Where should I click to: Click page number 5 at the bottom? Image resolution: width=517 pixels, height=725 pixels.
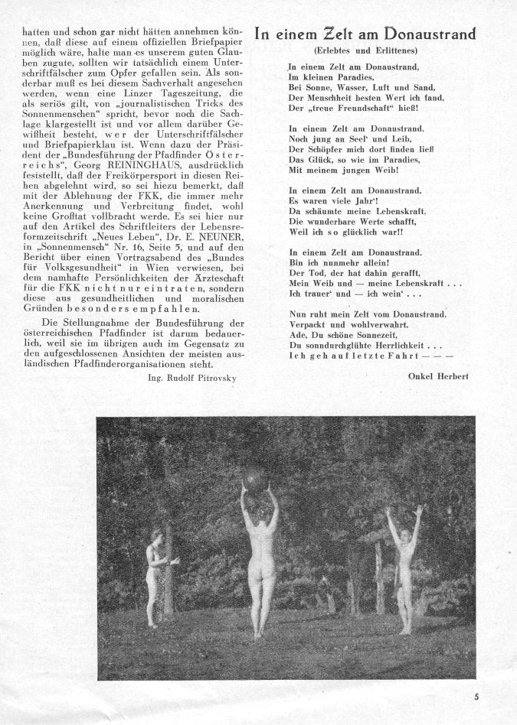(x=496, y=696)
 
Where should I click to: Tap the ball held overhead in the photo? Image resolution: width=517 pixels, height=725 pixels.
(x=255, y=478)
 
